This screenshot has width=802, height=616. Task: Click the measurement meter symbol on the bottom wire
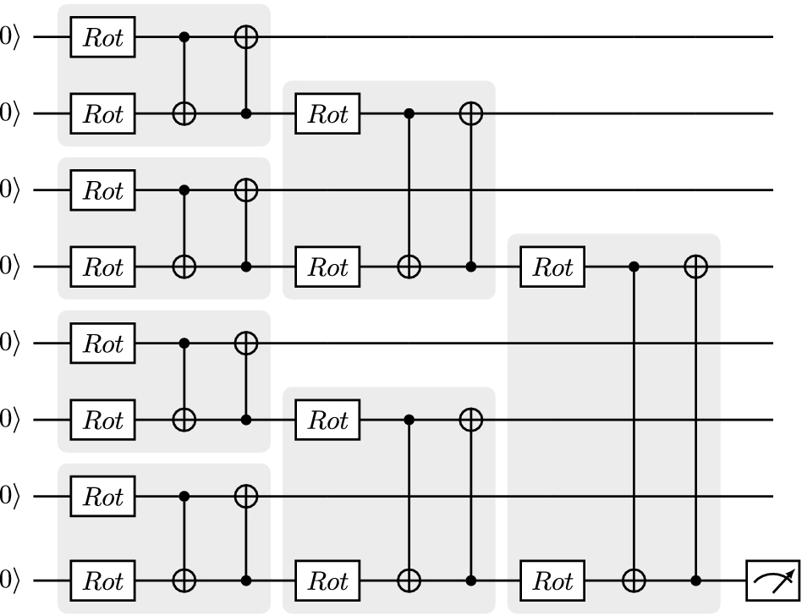point(772,581)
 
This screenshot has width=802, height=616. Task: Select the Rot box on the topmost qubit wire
point(103,37)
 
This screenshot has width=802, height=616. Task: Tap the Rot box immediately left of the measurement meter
point(552,581)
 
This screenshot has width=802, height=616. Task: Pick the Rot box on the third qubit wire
point(103,190)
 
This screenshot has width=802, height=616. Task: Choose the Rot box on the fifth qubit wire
point(103,344)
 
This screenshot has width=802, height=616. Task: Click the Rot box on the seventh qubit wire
point(103,497)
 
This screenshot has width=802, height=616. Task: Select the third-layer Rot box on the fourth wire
point(552,267)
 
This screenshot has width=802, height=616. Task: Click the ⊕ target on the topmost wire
point(246,37)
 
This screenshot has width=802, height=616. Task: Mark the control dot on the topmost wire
point(184,37)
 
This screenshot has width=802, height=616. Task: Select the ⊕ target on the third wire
point(246,190)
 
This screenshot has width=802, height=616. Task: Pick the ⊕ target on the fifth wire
point(246,344)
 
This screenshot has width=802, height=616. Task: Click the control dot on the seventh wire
point(184,497)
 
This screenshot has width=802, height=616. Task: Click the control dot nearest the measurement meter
point(695,581)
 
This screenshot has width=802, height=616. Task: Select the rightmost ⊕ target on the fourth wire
point(695,267)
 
